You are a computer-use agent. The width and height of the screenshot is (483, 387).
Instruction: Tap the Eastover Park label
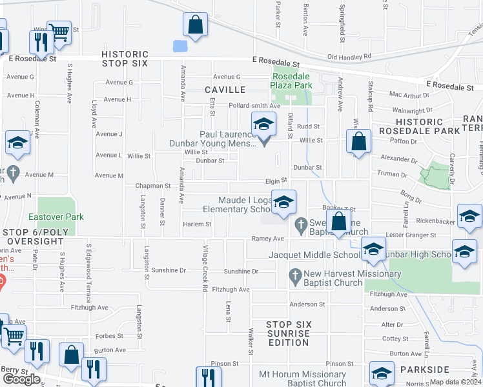[x=56, y=217]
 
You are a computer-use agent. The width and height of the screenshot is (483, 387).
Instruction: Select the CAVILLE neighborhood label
[x=225, y=90]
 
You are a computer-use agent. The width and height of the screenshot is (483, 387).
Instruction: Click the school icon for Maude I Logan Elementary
[x=283, y=203]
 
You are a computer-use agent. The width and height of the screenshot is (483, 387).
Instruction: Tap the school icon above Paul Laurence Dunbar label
[x=263, y=124]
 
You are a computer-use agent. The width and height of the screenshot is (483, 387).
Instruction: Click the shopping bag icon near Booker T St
[x=338, y=223]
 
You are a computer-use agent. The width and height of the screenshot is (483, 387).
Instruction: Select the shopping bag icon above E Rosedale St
[x=195, y=26]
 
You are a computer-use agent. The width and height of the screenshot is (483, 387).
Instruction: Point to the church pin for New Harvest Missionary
[x=295, y=274]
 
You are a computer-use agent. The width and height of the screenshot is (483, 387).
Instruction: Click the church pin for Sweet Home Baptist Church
[x=300, y=225]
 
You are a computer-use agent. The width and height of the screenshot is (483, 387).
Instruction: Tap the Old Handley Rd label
[x=349, y=57]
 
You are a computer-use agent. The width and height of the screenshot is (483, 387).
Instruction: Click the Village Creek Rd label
[x=204, y=268]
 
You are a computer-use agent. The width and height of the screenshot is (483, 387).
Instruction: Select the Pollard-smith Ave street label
[x=253, y=106]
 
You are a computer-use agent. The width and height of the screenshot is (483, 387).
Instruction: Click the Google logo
[x=21, y=379]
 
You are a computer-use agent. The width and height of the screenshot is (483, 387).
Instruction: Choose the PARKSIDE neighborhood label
[x=424, y=370]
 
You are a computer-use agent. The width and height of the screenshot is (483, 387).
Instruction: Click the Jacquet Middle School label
[x=314, y=255]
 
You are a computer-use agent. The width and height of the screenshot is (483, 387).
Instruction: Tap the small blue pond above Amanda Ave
[x=180, y=46]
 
